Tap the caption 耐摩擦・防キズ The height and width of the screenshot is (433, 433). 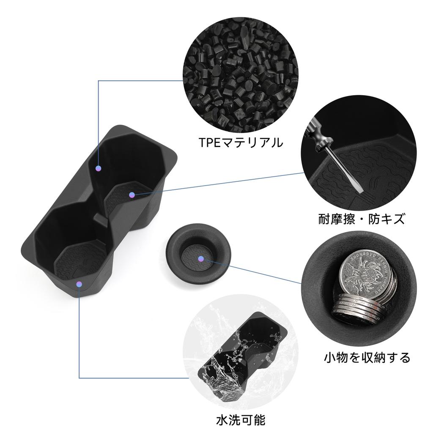tap(362, 219)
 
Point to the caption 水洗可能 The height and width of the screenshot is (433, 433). tap(241, 420)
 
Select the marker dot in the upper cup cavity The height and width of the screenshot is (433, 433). tap(98, 168)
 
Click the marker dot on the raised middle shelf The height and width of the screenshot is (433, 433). tap(132, 195)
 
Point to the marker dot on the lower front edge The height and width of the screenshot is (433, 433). tap(79, 284)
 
